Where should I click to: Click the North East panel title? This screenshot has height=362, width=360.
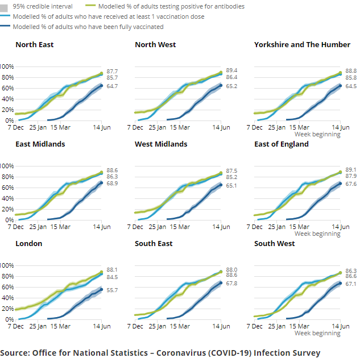[x=35, y=44]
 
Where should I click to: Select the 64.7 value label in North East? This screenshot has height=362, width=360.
[x=112, y=86]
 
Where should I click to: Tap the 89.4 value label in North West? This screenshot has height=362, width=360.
[x=231, y=70]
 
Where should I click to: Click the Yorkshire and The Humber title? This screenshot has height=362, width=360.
[x=302, y=44]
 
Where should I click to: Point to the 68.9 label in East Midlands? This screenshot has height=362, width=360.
[x=112, y=184]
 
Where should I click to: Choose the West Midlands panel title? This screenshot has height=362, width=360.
[x=161, y=144]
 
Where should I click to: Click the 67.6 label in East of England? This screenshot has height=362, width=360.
[x=351, y=184]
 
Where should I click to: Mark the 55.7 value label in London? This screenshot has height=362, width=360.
[x=112, y=290]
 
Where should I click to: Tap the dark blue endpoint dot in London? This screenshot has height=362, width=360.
[x=101, y=289]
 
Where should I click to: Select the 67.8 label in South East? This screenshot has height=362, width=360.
[x=231, y=283]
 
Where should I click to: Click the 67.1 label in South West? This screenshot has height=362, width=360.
[x=351, y=284]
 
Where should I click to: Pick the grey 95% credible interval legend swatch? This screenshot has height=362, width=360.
[x=4, y=8]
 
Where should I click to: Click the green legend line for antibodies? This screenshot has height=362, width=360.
[x=90, y=5]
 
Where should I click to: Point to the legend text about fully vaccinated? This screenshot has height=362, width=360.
[x=88, y=27]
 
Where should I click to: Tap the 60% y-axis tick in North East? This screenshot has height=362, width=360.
[x=7, y=88]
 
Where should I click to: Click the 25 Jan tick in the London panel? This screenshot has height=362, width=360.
[x=38, y=326]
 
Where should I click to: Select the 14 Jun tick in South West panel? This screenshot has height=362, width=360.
[x=341, y=326]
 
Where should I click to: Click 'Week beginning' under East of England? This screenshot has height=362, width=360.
[x=317, y=234]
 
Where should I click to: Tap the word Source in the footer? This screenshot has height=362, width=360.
[x=15, y=353]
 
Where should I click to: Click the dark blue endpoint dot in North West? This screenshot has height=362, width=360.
[x=221, y=85]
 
